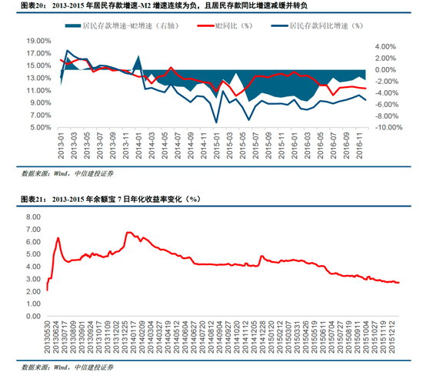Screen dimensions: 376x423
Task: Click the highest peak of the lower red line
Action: pos(128,232)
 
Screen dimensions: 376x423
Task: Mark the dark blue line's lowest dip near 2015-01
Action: pos(216,123)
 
